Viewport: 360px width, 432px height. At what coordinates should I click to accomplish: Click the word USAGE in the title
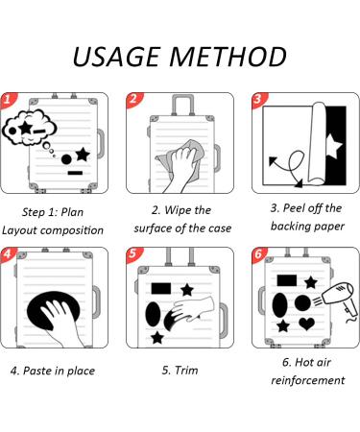pyautogui.click(x=116, y=57)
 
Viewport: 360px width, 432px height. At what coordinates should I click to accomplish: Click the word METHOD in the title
pyautogui.click(x=228, y=57)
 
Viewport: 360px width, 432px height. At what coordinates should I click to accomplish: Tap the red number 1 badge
pyautogui.click(x=8, y=100)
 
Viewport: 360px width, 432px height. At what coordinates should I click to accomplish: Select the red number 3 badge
pyautogui.click(x=259, y=100)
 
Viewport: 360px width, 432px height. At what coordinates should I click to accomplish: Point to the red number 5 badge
pyautogui.click(x=133, y=253)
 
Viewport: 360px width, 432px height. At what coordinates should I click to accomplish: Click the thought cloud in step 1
pyautogui.click(x=29, y=128)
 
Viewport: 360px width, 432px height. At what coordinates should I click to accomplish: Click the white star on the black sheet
pyautogui.click(x=334, y=147)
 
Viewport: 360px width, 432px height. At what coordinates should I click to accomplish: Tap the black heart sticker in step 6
pyautogui.click(x=307, y=324)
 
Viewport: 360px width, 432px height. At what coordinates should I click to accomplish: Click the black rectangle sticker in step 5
pyautogui.click(x=161, y=288)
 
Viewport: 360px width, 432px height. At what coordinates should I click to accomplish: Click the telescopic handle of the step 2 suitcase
pyautogui.click(x=183, y=104)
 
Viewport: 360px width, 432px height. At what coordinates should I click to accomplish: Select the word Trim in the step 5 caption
pyautogui.click(x=186, y=371)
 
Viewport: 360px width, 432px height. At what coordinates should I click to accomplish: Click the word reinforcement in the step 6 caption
pyautogui.click(x=308, y=380)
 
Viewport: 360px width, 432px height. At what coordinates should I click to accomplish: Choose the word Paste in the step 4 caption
pyautogui.click(x=37, y=371)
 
